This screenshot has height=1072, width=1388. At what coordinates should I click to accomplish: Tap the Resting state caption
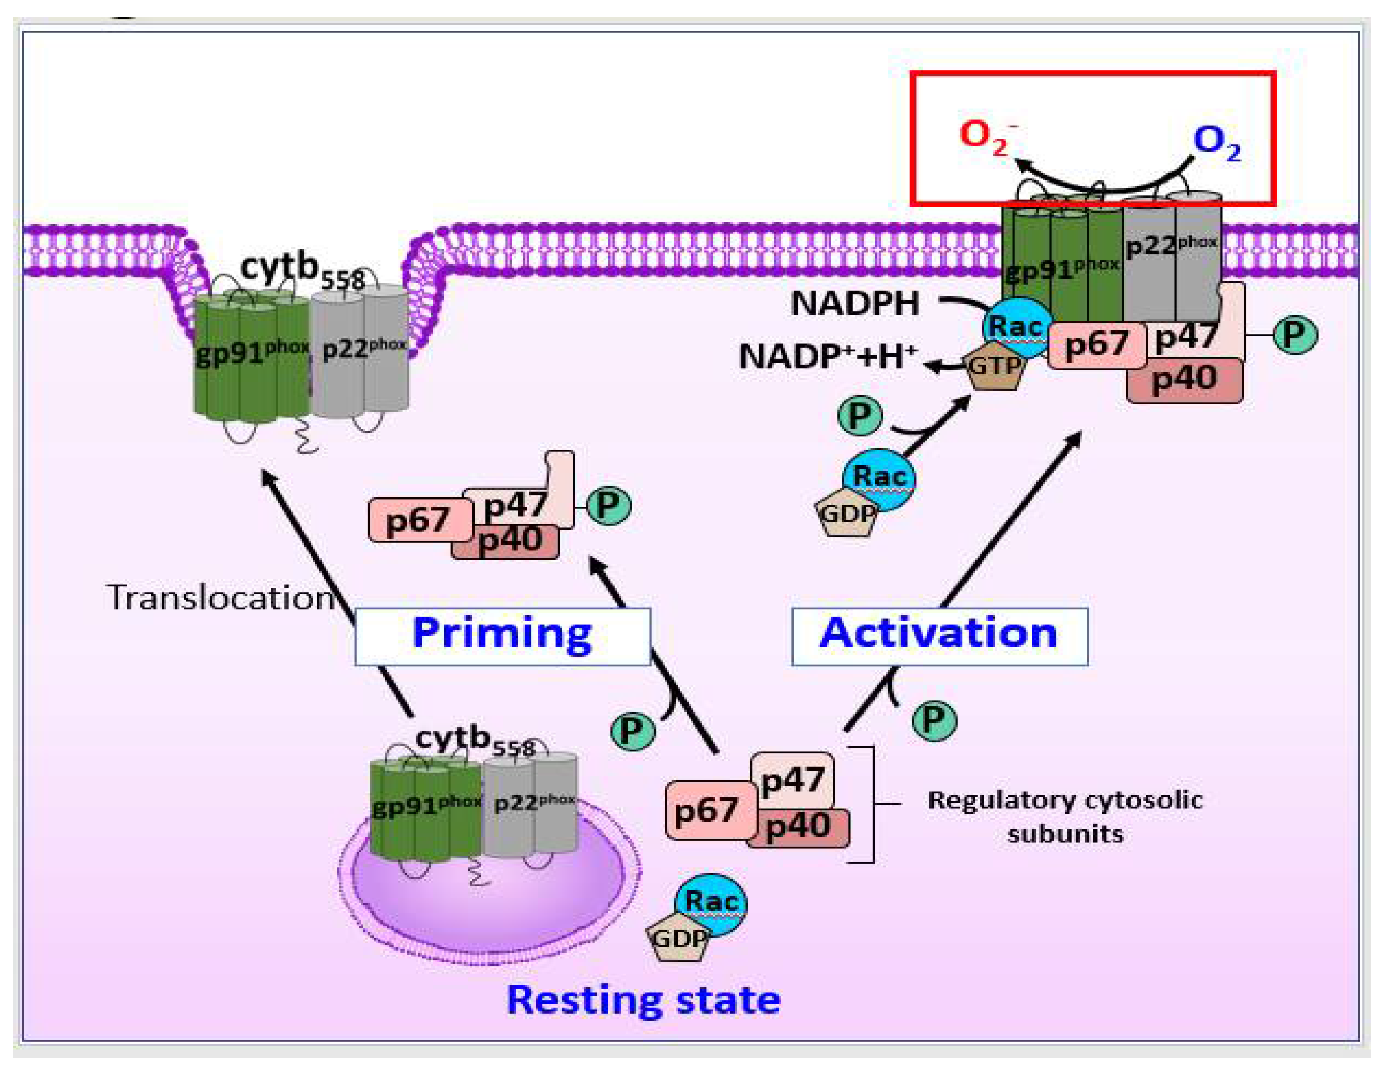pyautogui.click(x=643, y=1001)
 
